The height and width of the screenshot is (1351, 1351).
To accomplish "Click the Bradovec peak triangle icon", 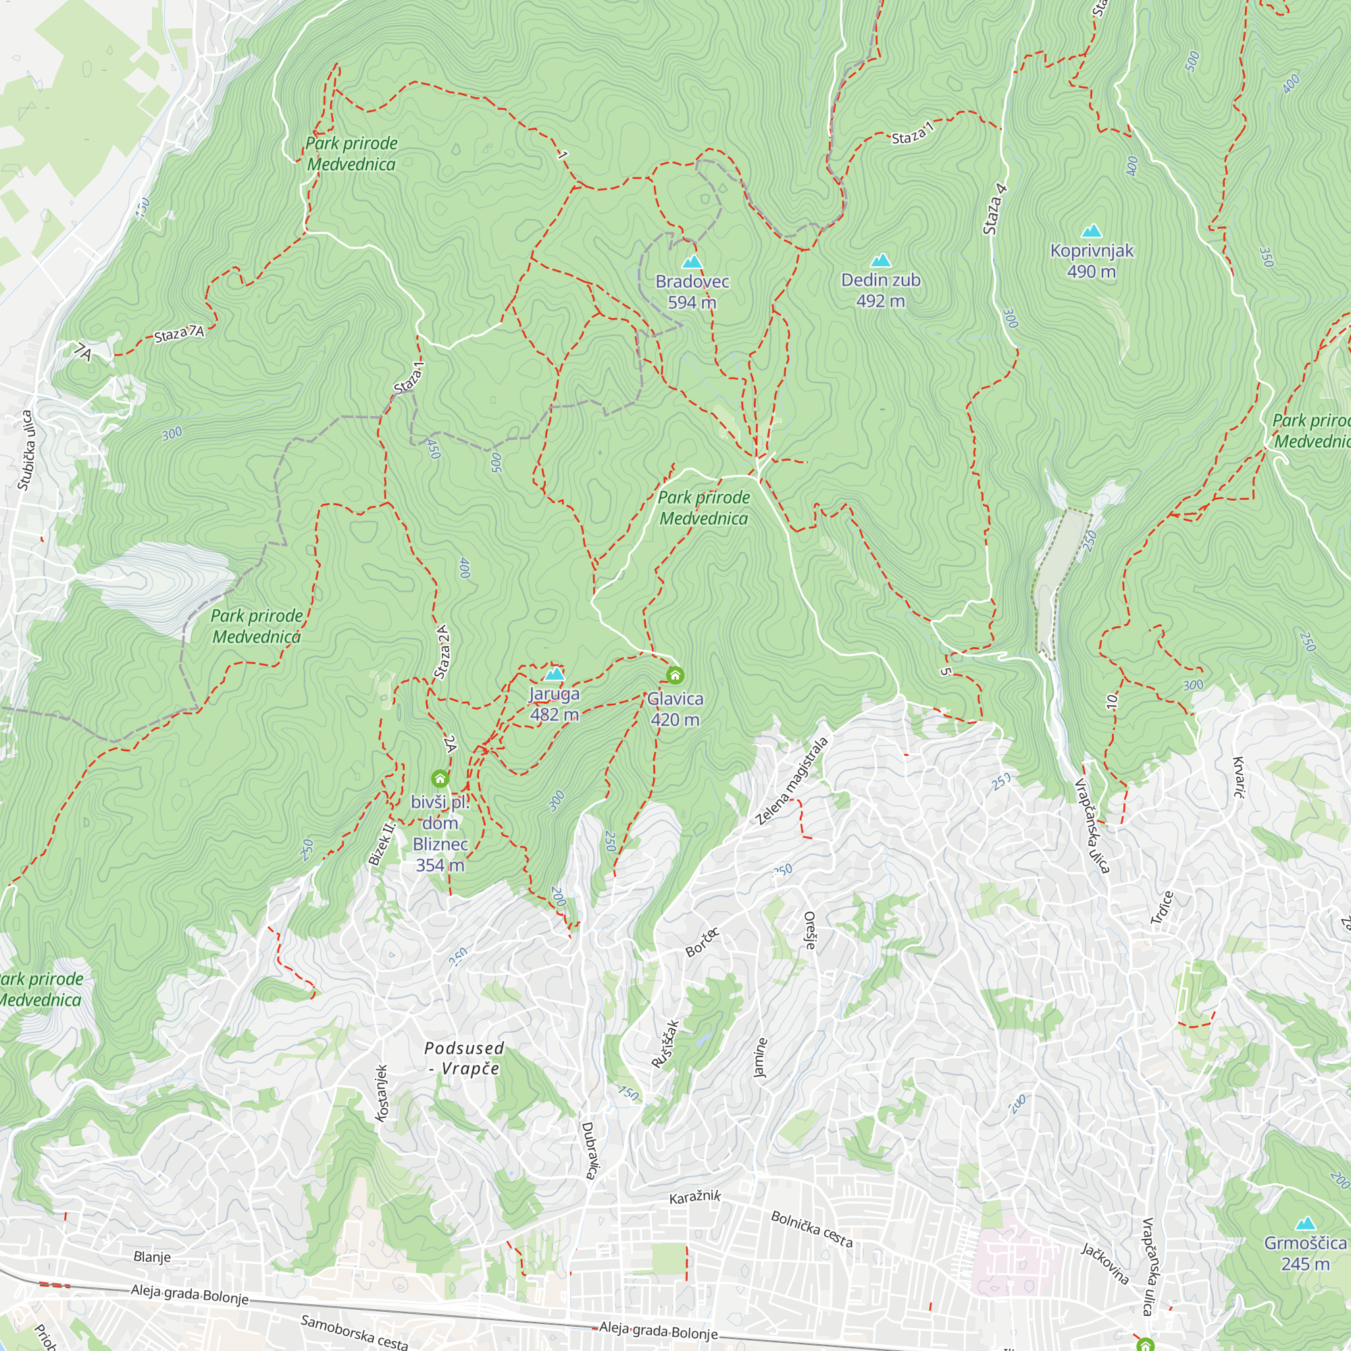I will pyautogui.click(x=692, y=262).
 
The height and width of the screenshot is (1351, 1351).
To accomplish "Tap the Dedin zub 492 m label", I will pyautogui.click(x=880, y=290).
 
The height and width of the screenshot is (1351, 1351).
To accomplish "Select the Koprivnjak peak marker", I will pyautogui.click(x=1091, y=232).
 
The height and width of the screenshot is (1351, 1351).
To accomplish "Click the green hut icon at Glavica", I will pyautogui.click(x=675, y=675).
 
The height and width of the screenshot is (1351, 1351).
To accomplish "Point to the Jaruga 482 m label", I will pyautogui.click(x=554, y=703).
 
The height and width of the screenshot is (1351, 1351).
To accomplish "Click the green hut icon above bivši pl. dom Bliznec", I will pyautogui.click(x=440, y=778).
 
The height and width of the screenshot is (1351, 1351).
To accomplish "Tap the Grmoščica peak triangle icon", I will pyautogui.click(x=1305, y=1224).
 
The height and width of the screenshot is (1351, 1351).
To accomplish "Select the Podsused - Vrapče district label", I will pyautogui.click(x=463, y=1058).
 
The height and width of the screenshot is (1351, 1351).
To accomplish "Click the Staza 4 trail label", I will pyautogui.click(x=994, y=208).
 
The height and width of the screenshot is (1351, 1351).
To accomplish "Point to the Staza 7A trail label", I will pyautogui.click(x=179, y=334).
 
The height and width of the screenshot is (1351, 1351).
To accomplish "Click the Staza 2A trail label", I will pyautogui.click(x=442, y=652).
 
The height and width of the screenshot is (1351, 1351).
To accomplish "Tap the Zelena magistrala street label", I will pyautogui.click(x=792, y=781).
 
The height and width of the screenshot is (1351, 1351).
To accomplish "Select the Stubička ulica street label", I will pyautogui.click(x=26, y=451).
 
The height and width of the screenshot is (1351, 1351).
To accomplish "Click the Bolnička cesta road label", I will pyautogui.click(x=811, y=1229).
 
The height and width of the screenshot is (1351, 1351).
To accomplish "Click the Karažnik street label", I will pyautogui.click(x=694, y=1196).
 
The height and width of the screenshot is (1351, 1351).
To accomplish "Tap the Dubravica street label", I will pyautogui.click(x=589, y=1150).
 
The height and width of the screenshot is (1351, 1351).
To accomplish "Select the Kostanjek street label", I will pyautogui.click(x=381, y=1093).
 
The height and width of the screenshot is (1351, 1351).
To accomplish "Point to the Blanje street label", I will pyautogui.click(x=152, y=1256).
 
